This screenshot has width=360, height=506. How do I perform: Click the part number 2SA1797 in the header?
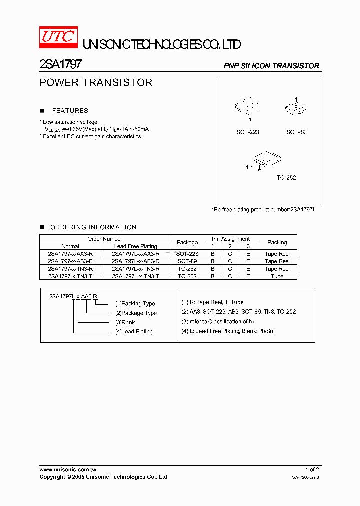pos(60,65)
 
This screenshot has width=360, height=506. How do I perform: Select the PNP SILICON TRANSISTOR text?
pos(271,66)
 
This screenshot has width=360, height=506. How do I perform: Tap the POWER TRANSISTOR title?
pos(96,83)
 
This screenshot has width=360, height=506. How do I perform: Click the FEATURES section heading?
pos(70,111)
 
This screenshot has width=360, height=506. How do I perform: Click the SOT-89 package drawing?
pos(295,107)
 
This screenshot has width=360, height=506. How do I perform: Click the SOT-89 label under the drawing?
pos(296,132)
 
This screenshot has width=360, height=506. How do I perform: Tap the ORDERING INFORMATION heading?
pos(93,227)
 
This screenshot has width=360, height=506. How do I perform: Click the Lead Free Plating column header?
pos(135,246)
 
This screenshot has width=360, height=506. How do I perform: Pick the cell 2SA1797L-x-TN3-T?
pos(135,276)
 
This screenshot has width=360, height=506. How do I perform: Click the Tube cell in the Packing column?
pos(277,276)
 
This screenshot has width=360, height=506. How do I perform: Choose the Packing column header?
pos(277,242)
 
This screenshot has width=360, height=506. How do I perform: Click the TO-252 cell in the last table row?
pos(187,276)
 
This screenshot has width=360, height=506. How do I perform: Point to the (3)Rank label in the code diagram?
pos(125,322)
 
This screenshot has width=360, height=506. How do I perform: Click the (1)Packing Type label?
pos(135,303)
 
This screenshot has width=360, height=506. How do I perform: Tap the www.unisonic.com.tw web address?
pos(68,470)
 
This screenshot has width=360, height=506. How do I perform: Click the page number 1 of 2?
pos(312,470)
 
